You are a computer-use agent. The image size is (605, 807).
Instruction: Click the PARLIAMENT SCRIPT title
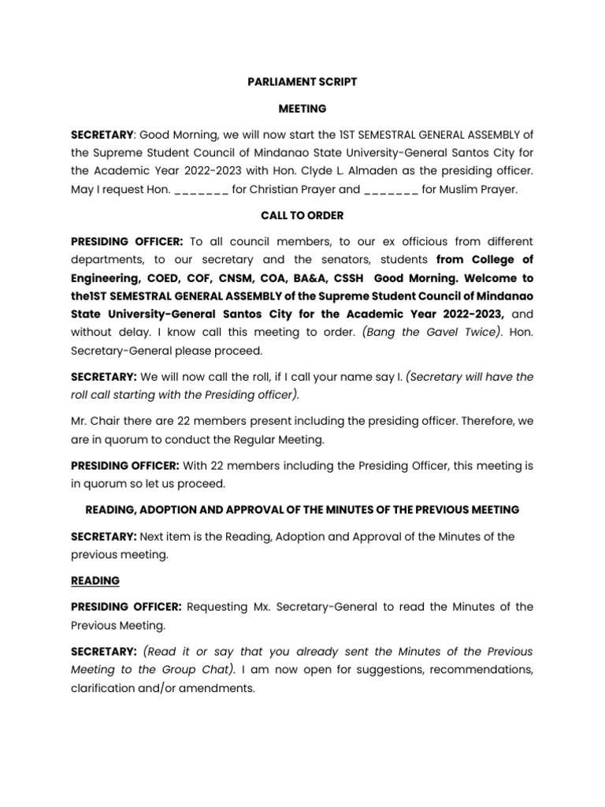tap(302, 80)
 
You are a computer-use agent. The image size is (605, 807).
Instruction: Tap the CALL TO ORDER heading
tap(302, 215)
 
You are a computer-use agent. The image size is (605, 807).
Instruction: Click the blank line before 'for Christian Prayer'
tap(201, 190)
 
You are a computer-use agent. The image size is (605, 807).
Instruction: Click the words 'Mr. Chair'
tap(95, 420)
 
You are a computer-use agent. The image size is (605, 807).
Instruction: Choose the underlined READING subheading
tap(95, 581)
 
